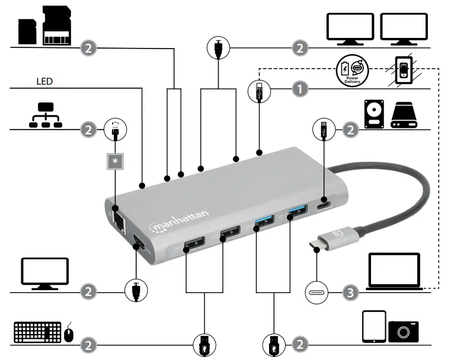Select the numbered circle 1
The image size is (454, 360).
point(301,90)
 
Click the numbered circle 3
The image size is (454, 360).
point(351,292)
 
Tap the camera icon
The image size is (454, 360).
point(404,330)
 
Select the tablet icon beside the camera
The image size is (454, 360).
point(373,327)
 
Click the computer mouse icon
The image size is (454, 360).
point(69,333)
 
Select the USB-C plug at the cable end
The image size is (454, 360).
point(319,242)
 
